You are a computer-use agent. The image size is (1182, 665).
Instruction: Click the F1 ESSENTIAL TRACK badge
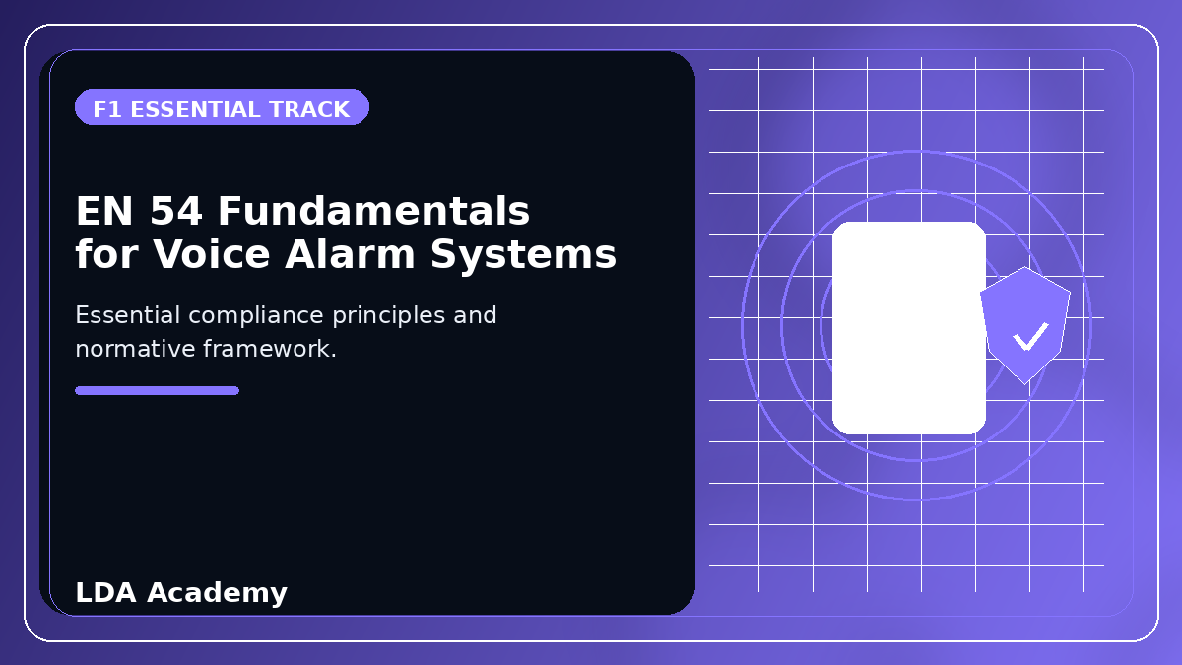pyautogui.click(x=222, y=107)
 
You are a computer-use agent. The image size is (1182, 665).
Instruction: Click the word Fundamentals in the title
pyautogui.click(x=373, y=211)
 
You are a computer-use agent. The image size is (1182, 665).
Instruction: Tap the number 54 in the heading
pyautogui.click(x=175, y=211)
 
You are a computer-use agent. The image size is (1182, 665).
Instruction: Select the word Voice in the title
pyautogui.click(x=212, y=254)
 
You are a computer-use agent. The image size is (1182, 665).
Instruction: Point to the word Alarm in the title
pyautogui.click(x=350, y=254)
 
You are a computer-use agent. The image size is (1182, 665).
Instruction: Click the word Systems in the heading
pyautogui.click(x=523, y=256)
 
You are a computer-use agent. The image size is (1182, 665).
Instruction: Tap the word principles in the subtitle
pyautogui.click(x=388, y=315)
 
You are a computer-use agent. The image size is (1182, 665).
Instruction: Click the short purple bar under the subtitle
pyautogui.click(x=158, y=390)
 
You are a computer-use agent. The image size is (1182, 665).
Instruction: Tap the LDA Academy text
pyautogui.click(x=181, y=593)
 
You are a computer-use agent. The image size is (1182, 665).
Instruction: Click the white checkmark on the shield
pyautogui.click(x=1030, y=336)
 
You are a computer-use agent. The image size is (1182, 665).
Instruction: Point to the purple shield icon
pyautogui.click(x=1025, y=325)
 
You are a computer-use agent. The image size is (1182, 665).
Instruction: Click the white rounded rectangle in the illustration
pyautogui.click(x=908, y=328)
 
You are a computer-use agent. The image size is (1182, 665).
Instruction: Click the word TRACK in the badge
pyautogui.click(x=309, y=109)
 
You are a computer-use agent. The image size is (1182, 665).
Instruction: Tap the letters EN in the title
pyautogui.click(x=104, y=211)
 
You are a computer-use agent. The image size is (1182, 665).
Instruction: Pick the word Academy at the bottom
pyautogui.click(x=217, y=593)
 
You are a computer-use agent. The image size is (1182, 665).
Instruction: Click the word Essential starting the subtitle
pyautogui.click(x=128, y=315)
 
